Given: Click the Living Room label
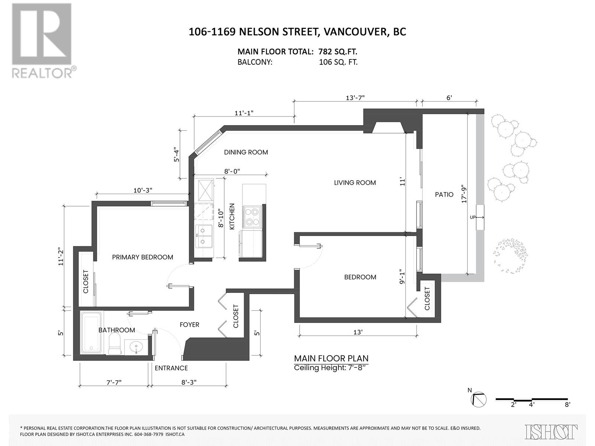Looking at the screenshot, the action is click(355, 183).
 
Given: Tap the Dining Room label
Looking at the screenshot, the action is click(246, 152).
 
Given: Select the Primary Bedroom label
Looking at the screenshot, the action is click(142, 257).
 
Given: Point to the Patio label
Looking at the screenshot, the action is click(444, 194).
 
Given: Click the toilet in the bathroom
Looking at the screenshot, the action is click(115, 343).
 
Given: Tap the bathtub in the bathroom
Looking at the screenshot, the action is click(91, 332).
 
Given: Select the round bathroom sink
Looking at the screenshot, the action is click(136, 347).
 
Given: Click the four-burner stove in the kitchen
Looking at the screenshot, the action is click(253, 217).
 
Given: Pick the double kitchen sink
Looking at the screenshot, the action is click(204, 236).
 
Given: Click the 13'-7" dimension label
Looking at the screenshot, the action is click(355, 98).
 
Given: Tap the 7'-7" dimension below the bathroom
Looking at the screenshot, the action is click(114, 382).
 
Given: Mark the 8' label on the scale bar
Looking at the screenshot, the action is click(567, 412).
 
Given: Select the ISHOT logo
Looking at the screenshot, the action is click(551, 432).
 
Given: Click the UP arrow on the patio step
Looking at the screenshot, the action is click(477, 217).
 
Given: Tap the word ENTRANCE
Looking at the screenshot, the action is click(171, 368).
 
